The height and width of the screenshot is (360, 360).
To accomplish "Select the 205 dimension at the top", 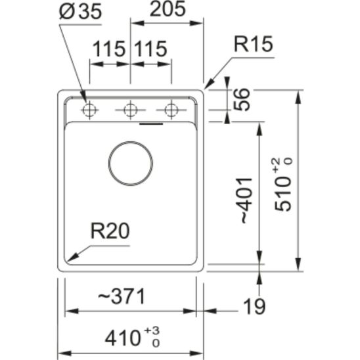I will [167, 10].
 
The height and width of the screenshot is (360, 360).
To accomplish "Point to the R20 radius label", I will [110, 231].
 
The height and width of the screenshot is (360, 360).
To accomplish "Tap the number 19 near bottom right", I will [252, 305].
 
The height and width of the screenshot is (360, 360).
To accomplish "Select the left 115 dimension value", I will [109, 50].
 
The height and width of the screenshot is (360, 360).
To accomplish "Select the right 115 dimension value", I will [150, 50].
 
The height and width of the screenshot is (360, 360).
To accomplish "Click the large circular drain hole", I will [131, 162].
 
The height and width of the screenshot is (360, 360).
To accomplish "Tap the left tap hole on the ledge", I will [89, 110].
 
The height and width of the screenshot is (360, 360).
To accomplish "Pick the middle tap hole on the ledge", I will [131, 110].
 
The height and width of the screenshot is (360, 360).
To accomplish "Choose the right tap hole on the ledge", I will [171, 110].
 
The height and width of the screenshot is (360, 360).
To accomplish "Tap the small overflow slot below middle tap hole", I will [152, 122].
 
